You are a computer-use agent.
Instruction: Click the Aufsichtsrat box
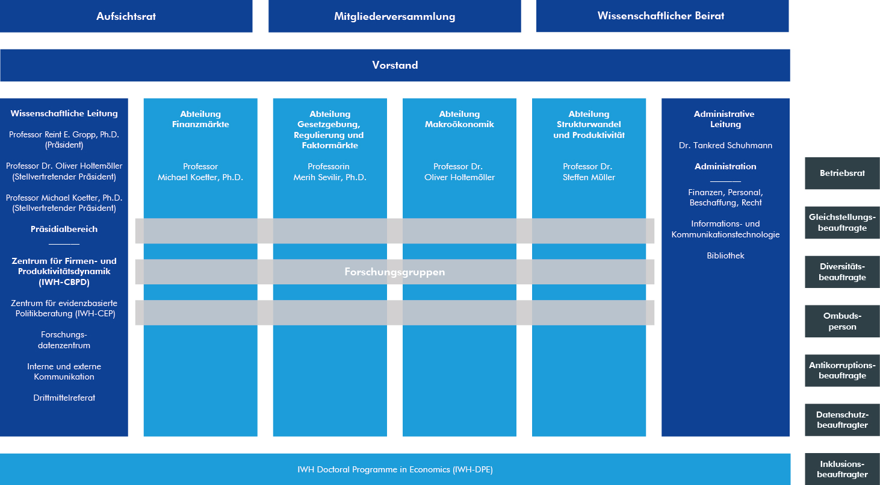tap(126, 16)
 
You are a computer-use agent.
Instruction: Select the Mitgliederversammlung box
tap(394, 16)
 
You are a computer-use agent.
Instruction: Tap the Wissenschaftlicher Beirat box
tap(662, 16)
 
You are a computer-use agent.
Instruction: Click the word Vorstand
tap(395, 65)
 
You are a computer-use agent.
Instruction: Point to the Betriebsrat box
tap(842, 173)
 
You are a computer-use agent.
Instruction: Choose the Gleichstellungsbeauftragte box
tap(842, 223)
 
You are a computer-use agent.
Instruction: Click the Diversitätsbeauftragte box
tap(842, 272)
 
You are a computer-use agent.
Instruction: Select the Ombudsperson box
tap(842, 321)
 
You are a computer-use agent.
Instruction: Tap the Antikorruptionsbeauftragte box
tap(842, 371)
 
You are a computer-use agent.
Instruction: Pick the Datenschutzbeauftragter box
tap(842, 420)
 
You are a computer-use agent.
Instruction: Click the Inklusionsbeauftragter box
tap(842, 469)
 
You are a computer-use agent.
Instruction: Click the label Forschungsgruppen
tap(395, 272)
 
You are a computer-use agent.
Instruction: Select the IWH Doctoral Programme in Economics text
tap(395, 469)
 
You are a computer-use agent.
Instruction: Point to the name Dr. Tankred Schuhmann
tap(725, 146)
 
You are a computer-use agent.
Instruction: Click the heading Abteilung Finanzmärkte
tap(200, 119)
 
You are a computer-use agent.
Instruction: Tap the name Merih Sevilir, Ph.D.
tap(330, 177)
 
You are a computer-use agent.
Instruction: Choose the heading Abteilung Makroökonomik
tap(459, 119)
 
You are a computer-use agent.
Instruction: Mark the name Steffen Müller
tap(589, 177)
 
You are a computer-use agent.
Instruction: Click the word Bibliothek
tap(725, 255)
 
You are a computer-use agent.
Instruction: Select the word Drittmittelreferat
tap(64, 398)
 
